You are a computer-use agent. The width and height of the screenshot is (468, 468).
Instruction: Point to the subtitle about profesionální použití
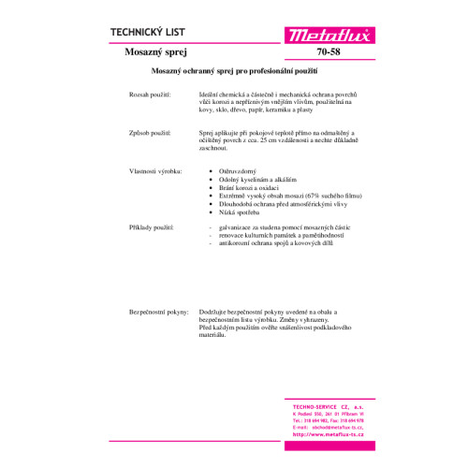(234, 72)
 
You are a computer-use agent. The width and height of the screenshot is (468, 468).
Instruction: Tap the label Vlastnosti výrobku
(153, 171)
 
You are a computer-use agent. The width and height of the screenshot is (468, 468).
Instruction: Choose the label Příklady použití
(150, 227)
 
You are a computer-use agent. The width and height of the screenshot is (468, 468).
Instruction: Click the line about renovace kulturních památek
(278, 236)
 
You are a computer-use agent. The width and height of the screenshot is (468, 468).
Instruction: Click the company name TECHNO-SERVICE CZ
(326, 405)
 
